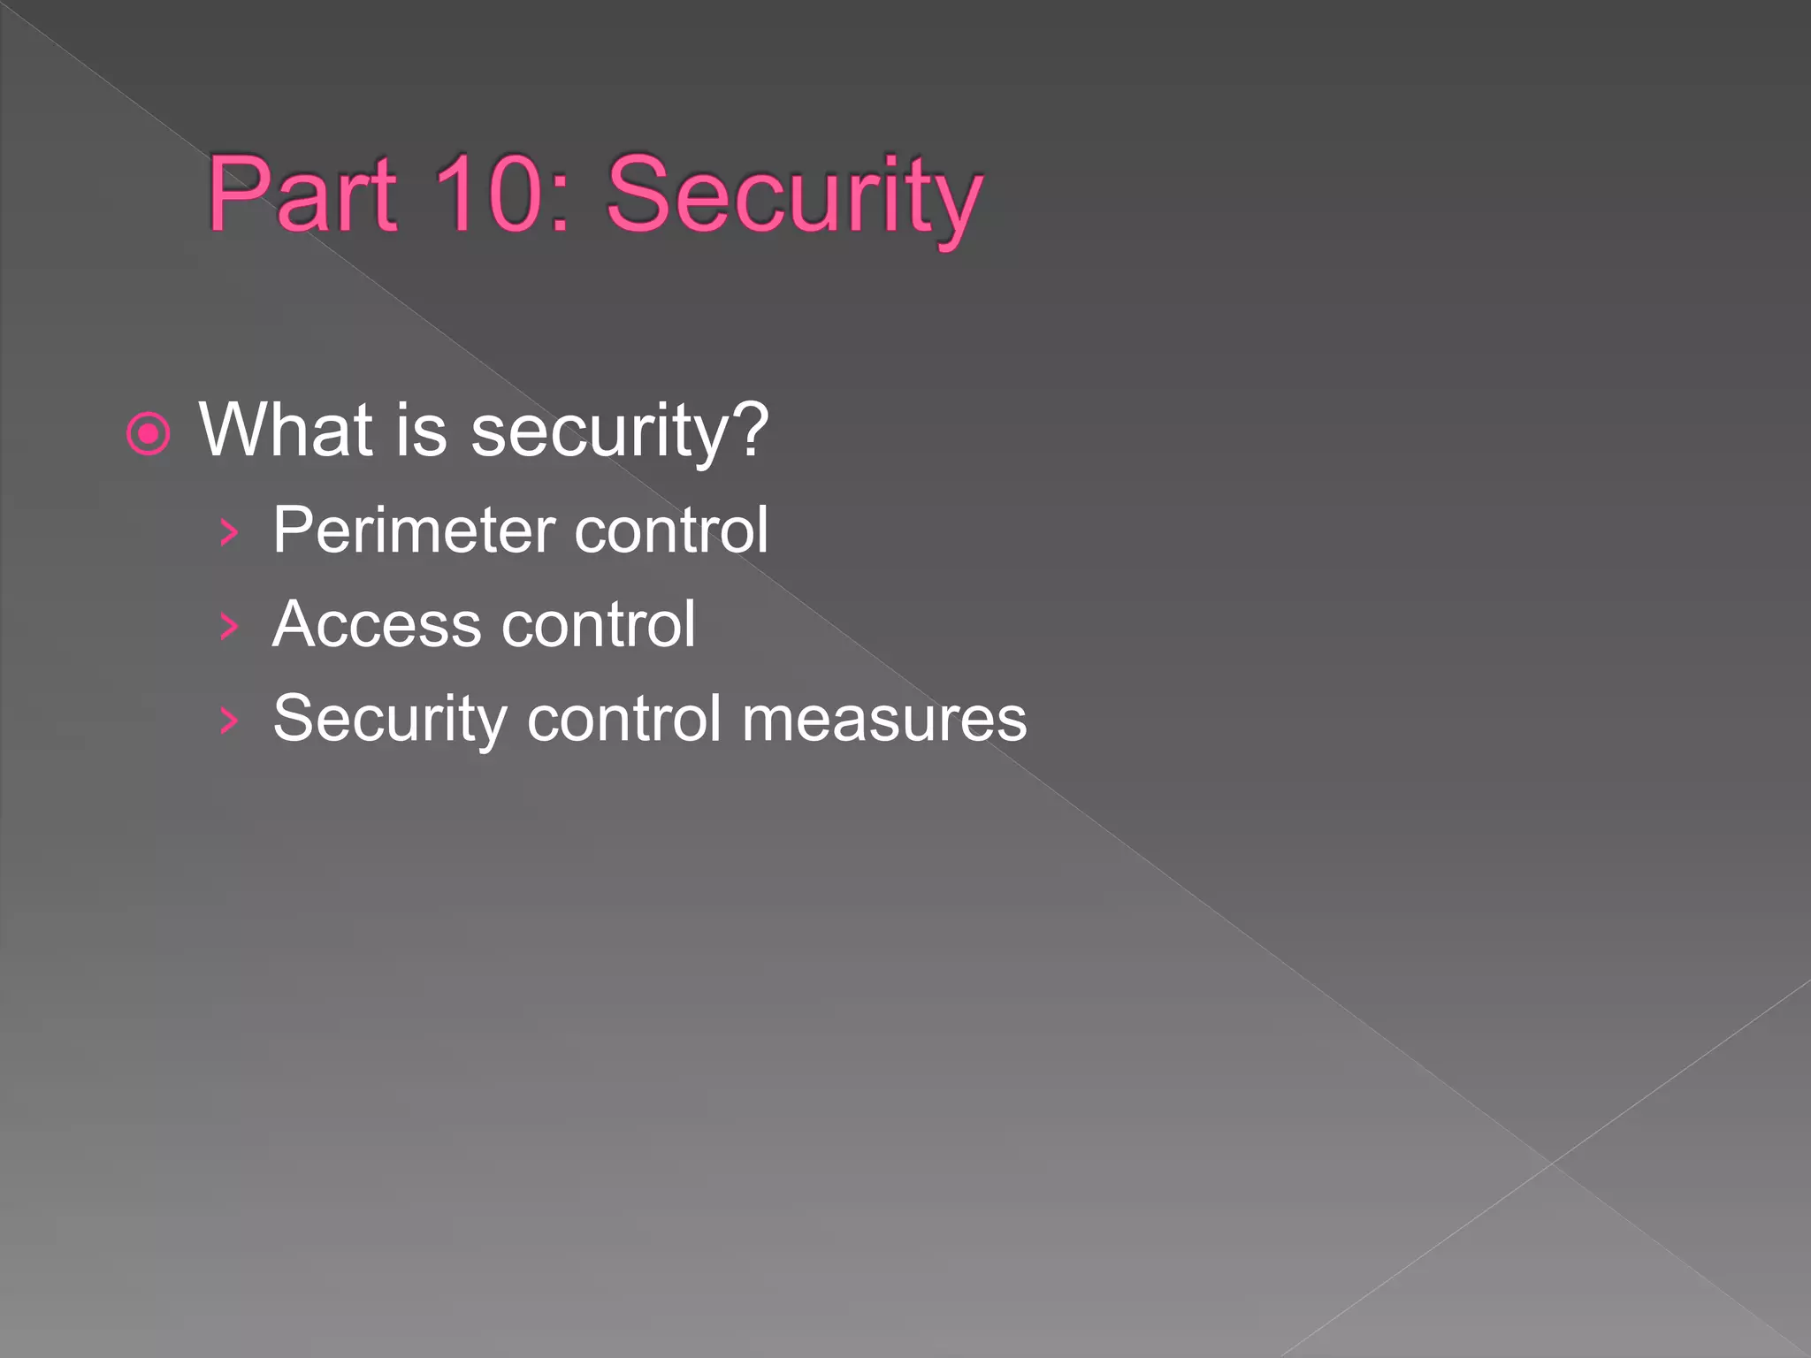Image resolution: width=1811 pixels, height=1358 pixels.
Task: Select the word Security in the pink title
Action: pos(793,198)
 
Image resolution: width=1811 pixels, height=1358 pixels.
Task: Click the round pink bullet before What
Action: pos(148,434)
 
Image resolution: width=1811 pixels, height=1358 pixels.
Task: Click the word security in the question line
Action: pos(601,434)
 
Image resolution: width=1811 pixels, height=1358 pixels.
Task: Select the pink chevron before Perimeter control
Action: pos(230,532)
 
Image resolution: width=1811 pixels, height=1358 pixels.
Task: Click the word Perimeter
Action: pos(414,531)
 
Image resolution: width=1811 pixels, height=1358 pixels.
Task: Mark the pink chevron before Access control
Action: pos(230,627)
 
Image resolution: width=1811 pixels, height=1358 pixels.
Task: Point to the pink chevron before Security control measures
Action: pos(230,721)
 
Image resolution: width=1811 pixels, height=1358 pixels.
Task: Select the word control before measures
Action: pos(624,718)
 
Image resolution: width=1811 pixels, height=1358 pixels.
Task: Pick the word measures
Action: pos(884,720)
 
